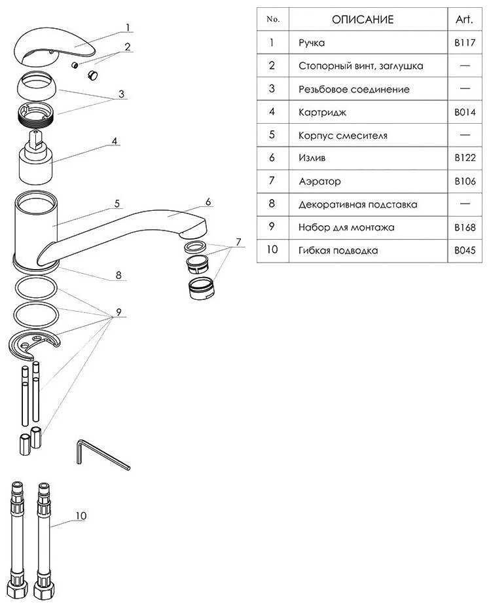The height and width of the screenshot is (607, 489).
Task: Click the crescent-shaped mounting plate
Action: click(x=35, y=344)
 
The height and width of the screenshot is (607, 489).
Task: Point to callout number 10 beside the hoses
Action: click(x=81, y=516)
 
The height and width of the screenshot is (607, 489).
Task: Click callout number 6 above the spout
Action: click(x=208, y=202)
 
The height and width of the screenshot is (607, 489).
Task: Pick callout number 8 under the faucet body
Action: click(x=118, y=275)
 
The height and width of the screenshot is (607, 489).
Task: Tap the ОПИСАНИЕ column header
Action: click(x=363, y=20)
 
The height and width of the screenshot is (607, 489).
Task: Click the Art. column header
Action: click(x=464, y=20)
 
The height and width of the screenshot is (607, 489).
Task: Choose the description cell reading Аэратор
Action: click(x=319, y=181)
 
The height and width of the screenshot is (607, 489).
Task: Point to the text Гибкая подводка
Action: click(x=338, y=251)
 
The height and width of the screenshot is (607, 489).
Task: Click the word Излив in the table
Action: click(x=312, y=158)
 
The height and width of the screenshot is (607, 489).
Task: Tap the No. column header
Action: click(x=273, y=20)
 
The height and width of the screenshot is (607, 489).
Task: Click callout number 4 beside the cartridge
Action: click(x=114, y=141)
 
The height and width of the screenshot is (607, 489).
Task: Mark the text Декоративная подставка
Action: click(x=357, y=204)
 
